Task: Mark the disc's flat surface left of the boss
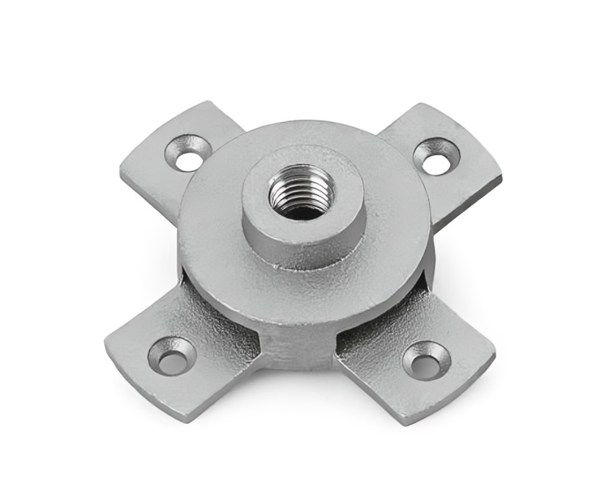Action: (209, 217)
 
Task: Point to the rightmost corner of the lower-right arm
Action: (495, 355)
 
